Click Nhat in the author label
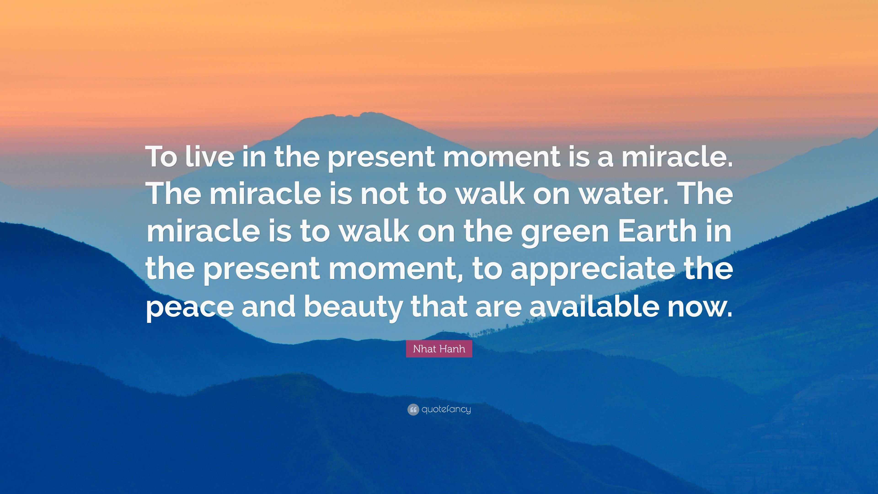pyautogui.click(x=424, y=349)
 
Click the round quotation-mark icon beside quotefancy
pyautogui.click(x=413, y=409)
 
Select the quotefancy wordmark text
pyautogui.click(x=446, y=409)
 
